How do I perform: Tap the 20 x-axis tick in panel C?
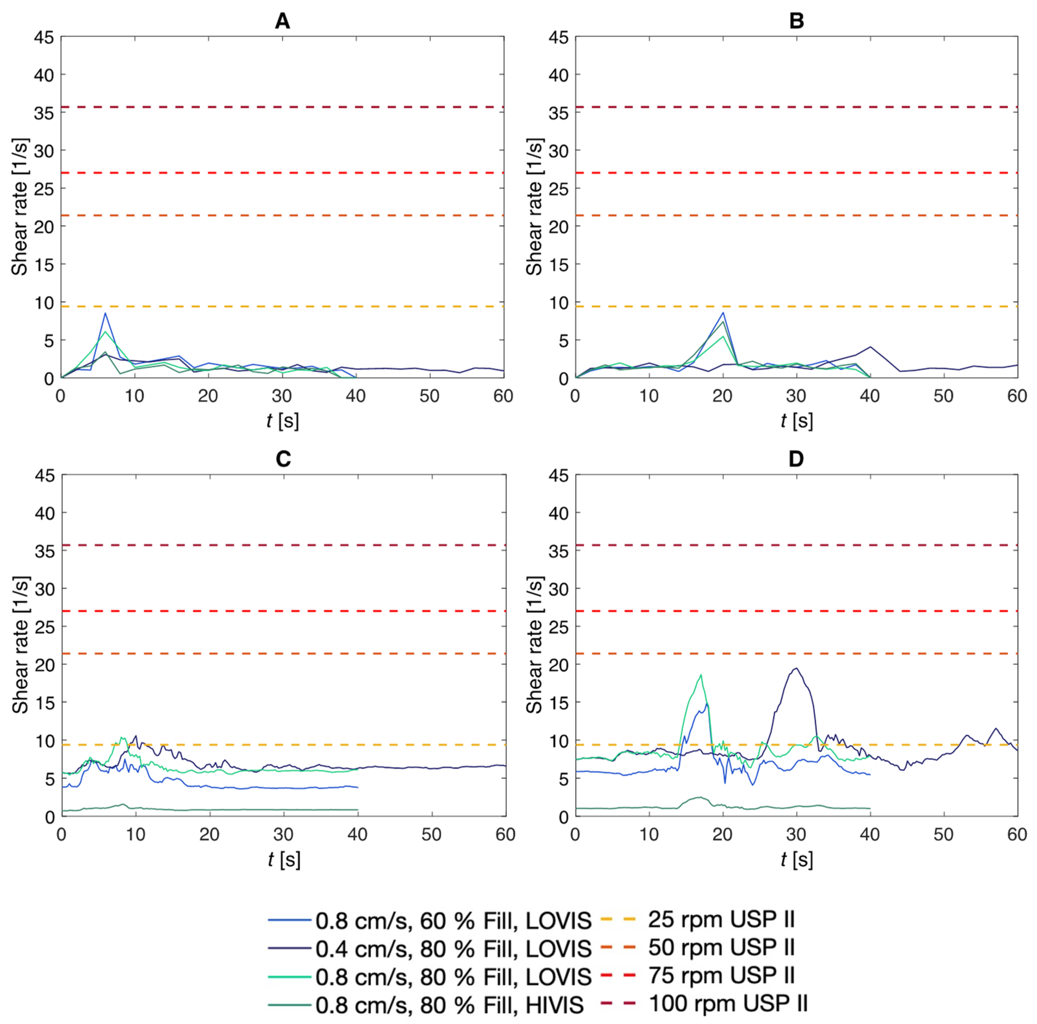tap(209, 835)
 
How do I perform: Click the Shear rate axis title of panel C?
tap(20, 644)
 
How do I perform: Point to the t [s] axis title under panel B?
tap(796, 421)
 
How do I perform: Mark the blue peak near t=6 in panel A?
tap(105, 313)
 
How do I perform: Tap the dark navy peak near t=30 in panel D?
tap(796, 669)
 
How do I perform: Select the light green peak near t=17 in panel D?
tap(701, 675)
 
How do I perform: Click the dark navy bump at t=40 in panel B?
tap(870, 347)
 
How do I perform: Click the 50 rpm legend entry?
tap(721, 947)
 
